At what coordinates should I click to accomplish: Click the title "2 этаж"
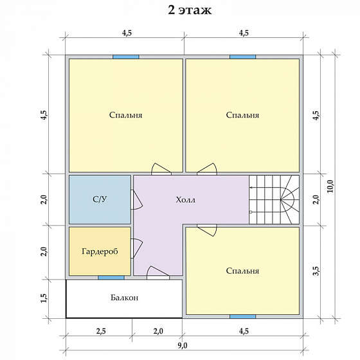pyautogui.click(x=190, y=10)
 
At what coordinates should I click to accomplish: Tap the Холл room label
pyautogui.click(x=186, y=200)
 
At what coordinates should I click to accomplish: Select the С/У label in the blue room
pyautogui.click(x=100, y=199)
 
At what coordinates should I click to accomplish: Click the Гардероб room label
pyautogui.click(x=100, y=251)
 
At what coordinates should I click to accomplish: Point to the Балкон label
pyautogui.click(x=125, y=298)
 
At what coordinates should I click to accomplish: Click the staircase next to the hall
pyautogui.click(x=274, y=199)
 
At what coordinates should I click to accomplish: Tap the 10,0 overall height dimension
pyautogui.click(x=330, y=186)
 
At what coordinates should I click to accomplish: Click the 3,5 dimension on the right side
pyautogui.click(x=316, y=271)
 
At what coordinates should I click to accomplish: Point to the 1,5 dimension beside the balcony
pyautogui.click(x=44, y=298)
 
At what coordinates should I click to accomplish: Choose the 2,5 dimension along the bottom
pyautogui.click(x=101, y=331)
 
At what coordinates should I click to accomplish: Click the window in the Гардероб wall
pyautogui.click(x=111, y=278)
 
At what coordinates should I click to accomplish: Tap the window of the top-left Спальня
pyautogui.click(x=126, y=57)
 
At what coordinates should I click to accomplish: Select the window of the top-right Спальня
pyautogui.click(x=243, y=57)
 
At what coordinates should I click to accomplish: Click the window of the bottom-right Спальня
pyautogui.click(x=243, y=316)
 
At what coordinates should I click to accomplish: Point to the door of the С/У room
pyautogui.click(x=136, y=199)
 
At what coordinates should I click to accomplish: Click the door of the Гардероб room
pyautogui.click(x=136, y=248)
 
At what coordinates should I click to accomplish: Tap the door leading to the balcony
pyautogui.click(x=158, y=273)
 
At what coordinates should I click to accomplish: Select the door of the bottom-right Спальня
pyautogui.click(x=207, y=230)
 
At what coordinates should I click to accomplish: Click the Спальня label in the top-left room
pyautogui.click(x=125, y=115)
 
